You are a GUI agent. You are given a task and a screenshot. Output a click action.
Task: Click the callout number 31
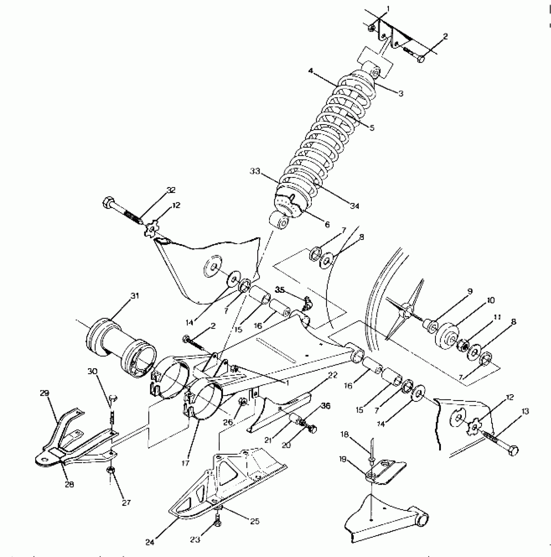click(x=135, y=296)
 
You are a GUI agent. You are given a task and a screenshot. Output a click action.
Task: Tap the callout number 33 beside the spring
click(x=255, y=171)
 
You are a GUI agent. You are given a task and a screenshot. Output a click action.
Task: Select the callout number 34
click(x=355, y=206)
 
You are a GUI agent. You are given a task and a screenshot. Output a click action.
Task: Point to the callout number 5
click(x=372, y=128)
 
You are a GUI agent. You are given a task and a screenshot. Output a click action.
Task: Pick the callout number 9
click(x=470, y=291)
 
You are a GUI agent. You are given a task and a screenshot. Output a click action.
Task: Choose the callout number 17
click(x=185, y=463)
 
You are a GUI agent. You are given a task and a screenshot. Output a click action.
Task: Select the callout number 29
click(x=44, y=393)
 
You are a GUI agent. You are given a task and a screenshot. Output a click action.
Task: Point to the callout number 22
click(x=333, y=375)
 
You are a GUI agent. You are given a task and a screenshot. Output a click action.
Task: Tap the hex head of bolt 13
click(x=513, y=451)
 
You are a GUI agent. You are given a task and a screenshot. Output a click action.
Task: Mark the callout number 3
click(x=401, y=94)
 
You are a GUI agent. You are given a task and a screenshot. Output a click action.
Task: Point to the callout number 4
click(x=311, y=70)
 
